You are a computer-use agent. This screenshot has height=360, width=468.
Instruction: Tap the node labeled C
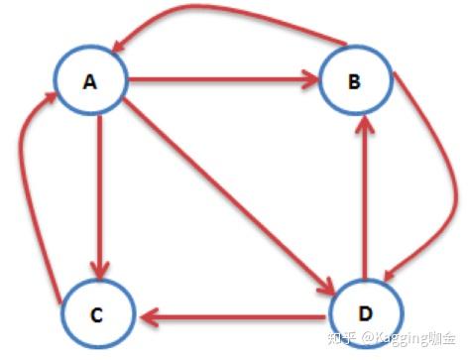coord(95,314)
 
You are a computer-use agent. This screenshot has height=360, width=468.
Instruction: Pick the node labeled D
coord(365,311)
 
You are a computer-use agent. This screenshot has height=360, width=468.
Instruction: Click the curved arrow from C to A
coord(28,198)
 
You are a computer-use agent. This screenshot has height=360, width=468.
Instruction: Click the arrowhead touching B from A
coord(307,79)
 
